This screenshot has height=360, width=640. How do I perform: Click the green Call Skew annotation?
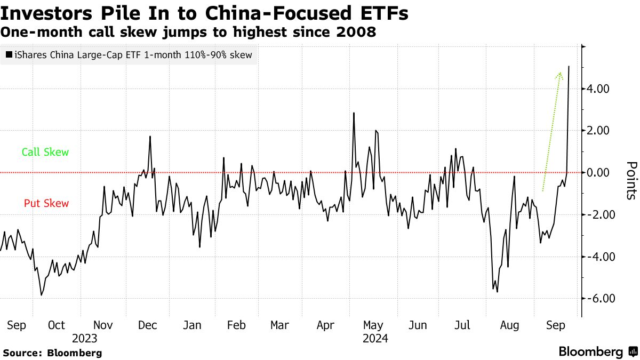[x=45, y=152]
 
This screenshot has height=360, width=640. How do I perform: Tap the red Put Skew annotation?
[x=46, y=203]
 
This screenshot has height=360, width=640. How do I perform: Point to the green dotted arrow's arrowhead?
[x=559, y=75]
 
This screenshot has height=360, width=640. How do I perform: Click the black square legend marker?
[x=8, y=55]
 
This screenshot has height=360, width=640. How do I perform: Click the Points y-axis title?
[x=631, y=180]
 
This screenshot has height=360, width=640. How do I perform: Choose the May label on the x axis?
[x=373, y=325]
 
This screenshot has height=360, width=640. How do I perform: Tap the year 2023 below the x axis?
[x=85, y=338]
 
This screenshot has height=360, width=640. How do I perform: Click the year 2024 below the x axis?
[x=375, y=338]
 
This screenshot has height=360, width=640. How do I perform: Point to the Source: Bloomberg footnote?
[x=52, y=353]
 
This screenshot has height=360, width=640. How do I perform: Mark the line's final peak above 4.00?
[x=569, y=67]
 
